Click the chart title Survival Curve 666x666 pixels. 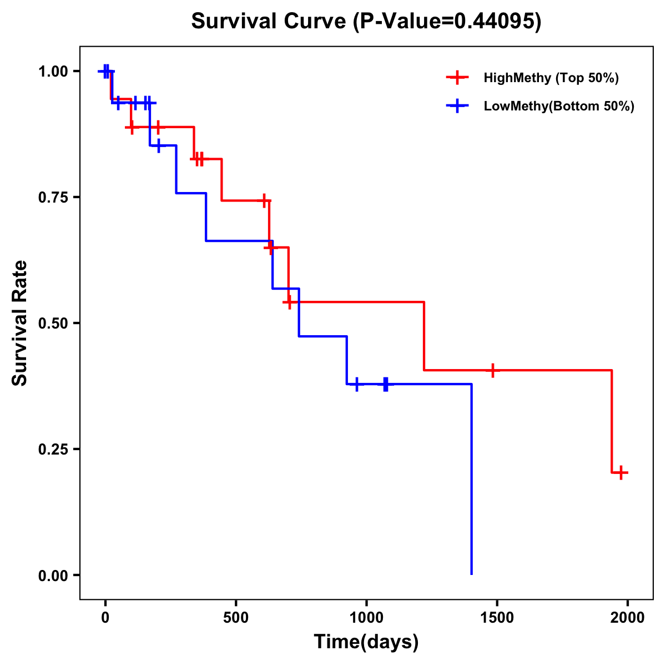366,21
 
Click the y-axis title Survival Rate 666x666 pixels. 20,322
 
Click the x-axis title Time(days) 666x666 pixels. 366,642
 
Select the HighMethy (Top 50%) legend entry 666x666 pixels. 551,78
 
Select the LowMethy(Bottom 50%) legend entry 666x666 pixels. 558,106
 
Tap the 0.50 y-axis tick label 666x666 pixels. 53,324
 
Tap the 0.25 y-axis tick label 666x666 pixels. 53,450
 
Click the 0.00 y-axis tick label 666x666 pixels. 53,576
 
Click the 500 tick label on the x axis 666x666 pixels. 236,618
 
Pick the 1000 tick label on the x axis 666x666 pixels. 366,618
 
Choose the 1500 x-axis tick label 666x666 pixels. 497,618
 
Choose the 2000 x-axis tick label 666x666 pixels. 627,618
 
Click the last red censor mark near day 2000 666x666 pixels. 621,473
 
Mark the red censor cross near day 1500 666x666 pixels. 492,370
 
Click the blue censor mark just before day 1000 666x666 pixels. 356,384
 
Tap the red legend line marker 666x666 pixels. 457,78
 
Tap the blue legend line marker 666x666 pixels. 457,106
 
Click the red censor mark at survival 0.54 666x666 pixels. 289,302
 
